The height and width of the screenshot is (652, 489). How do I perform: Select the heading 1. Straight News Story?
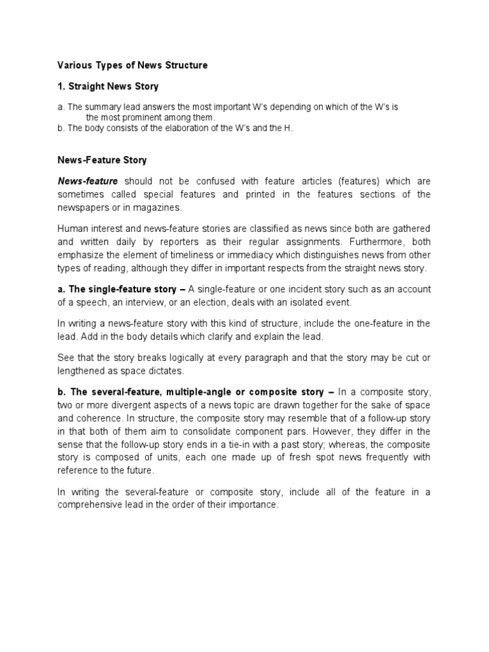click(x=108, y=86)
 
